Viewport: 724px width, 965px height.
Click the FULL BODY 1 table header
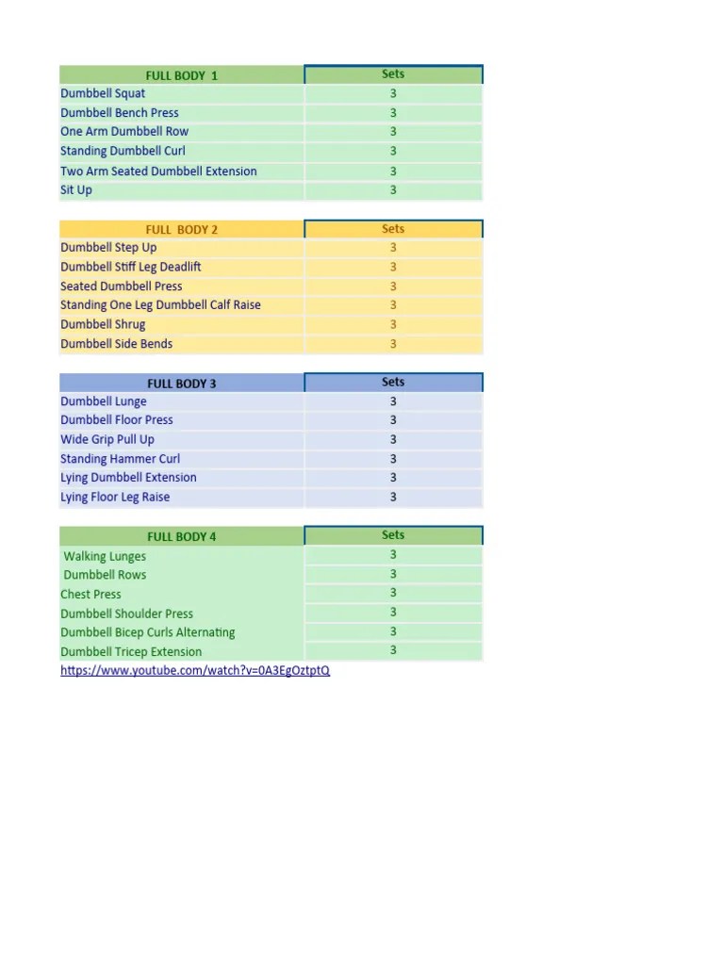click(181, 75)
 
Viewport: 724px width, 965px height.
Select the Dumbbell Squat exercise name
click(103, 93)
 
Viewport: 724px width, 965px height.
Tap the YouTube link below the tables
click(195, 671)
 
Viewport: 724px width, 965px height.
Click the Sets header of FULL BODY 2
click(393, 229)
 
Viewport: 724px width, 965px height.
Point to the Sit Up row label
click(76, 189)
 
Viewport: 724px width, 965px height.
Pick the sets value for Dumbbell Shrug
click(393, 324)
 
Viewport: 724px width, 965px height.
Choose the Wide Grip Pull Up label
click(107, 439)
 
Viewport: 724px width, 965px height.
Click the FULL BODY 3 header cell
click(181, 384)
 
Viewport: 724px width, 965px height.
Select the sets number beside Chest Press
click(393, 593)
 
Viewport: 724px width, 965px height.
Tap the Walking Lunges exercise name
click(105, 556)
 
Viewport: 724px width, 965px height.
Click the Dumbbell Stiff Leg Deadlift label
click(131, 267)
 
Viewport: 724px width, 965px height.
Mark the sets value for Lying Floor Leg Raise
click(393, 497)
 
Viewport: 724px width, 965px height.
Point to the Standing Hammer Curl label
click(121, 459)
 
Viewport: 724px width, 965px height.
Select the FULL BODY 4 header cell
click(181, 536)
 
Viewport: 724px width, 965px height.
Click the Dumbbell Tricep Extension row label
click(131, 651)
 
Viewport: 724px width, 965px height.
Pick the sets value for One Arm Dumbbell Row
click(393, 132)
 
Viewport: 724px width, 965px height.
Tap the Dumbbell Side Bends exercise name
click(117, 344)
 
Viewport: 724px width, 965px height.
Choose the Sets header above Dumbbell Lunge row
click(393, 382)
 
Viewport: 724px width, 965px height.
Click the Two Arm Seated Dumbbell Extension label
click(158, 171)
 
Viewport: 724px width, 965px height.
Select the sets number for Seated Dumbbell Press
click(393, 286)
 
